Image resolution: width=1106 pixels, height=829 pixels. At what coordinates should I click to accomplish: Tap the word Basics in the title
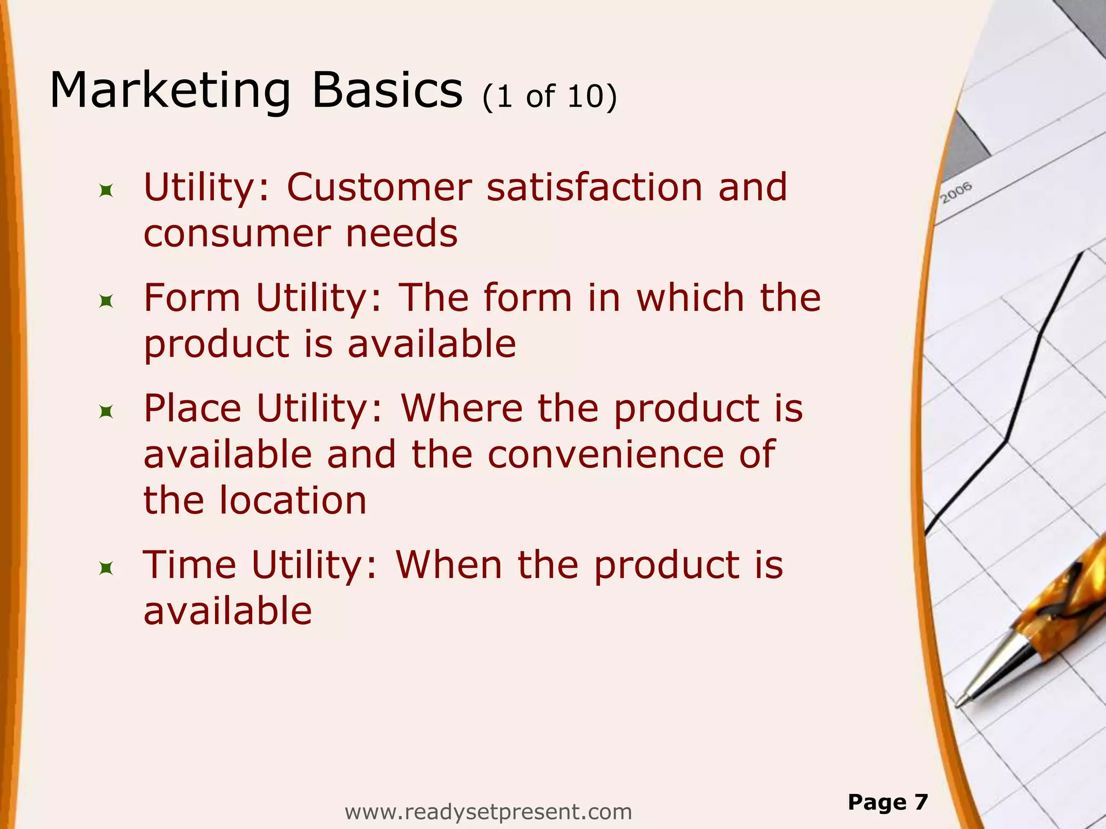[387, 91]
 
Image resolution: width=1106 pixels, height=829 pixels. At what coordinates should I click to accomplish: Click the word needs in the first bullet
[402, 234]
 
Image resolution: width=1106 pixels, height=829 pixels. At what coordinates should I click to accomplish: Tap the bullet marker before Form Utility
[106, 301]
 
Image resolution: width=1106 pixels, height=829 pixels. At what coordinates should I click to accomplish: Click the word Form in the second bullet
[192, 298]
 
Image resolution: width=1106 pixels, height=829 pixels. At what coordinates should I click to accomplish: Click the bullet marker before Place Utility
[106, 412]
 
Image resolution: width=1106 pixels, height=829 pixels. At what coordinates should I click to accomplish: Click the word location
[293, 501]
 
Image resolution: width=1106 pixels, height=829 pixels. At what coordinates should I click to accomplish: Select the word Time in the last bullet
[190, 566]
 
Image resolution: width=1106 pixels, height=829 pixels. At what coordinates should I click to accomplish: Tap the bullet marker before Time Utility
[106, 568]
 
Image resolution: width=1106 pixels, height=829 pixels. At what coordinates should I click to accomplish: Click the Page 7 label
[887, 802]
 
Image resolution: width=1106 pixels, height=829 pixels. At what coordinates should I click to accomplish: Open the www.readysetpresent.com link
[488, 812]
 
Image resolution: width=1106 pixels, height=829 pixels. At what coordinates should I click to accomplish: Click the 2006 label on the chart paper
[956, 193]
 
